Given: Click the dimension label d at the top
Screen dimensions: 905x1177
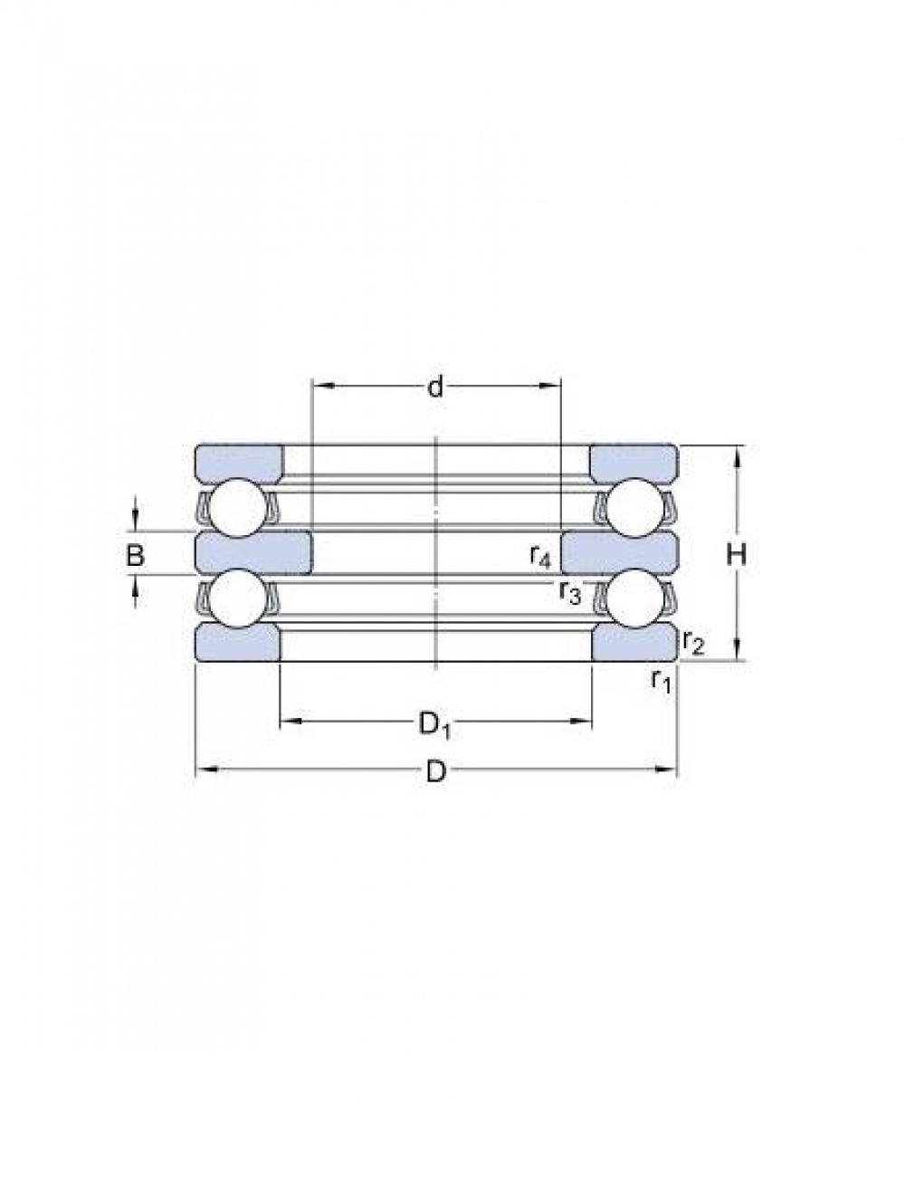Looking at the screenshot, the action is coord(435,388).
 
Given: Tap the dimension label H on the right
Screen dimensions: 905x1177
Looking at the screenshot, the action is coord(737,555).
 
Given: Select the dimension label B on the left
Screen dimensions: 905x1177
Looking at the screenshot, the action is coord(136,555).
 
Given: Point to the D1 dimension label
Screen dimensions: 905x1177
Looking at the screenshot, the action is coord(435,724).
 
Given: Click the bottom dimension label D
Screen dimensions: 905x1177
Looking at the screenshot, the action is coord(435,772).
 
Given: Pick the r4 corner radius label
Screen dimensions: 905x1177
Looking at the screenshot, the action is coord(540,556).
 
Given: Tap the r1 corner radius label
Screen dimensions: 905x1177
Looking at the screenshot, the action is coord(661,680).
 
